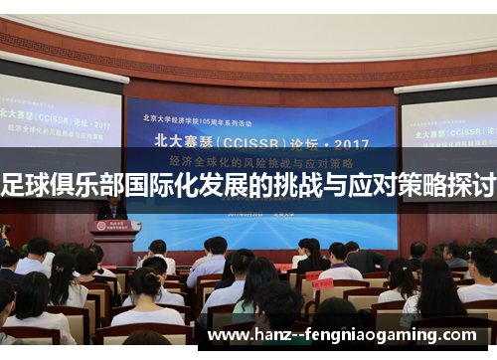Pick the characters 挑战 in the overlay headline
coord(299,184)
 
